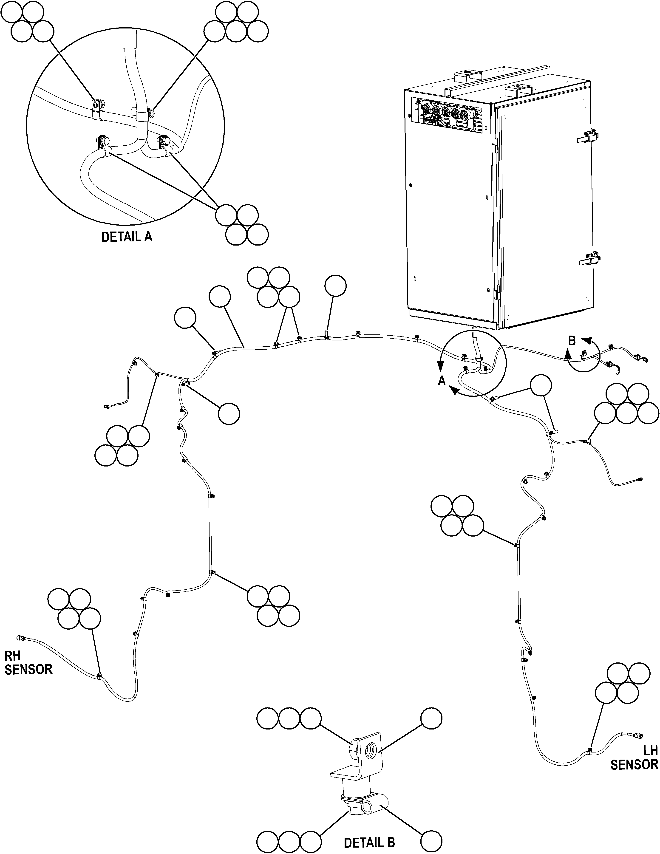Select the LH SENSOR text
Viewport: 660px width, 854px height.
[634, 758]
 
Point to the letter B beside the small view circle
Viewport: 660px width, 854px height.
[572, 341]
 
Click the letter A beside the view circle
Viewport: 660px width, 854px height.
[442, 381]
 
